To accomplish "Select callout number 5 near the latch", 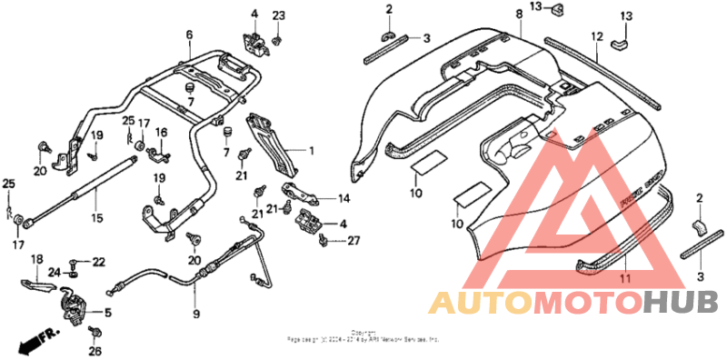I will [x=108, y=313].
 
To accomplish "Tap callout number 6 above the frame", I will [x=189, y=35].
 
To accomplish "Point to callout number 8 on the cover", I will [x=519, y=15].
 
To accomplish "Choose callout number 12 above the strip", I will [x=597, y=37].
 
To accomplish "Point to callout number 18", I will [x=37, y=259].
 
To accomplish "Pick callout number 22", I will [x=98, y=262].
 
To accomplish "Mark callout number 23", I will [x=279, y=15].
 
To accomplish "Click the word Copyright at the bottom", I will [x=363, y=333].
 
